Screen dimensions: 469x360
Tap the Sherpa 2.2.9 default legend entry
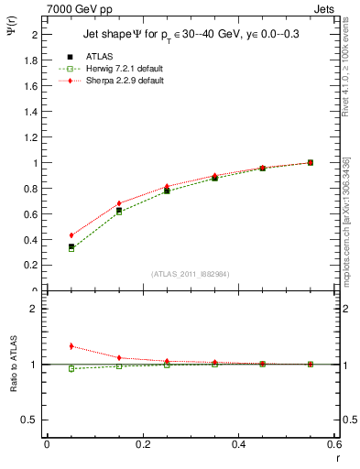click(114, 81)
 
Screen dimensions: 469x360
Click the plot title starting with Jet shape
click(191, 34)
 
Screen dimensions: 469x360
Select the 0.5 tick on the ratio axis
click(30, 420)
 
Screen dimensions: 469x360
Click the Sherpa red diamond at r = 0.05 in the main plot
click(71, 235)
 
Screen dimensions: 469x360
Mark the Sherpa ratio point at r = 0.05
click(71, 346)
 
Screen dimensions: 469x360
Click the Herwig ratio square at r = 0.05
click(71, 368)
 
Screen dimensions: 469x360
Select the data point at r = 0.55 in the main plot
click(311, 162)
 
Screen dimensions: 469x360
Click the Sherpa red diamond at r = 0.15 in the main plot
click(119, 203)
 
